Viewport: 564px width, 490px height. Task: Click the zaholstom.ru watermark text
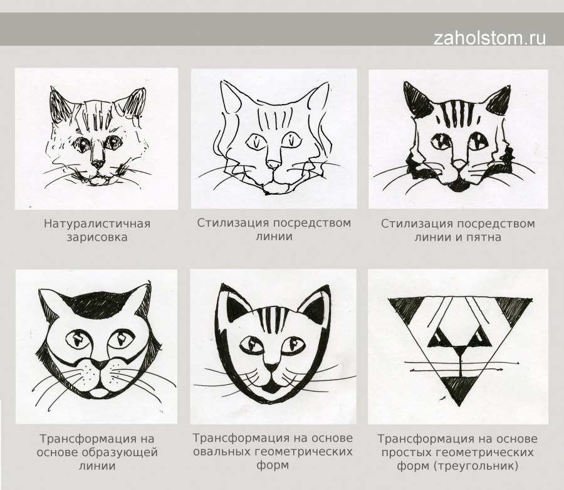pyautogui.click(x=489, y=38)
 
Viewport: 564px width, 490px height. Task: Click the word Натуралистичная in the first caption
pyautogui.click(x=97, y=224)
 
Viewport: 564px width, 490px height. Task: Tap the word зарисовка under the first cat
pyautogui.click(x=97, y=237)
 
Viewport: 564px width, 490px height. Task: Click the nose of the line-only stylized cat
pyautogui.click(x=274, y=165)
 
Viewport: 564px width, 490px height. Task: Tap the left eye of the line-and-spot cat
pyautogui.click(x=441, y=141)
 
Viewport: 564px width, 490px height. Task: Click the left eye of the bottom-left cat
pyautogui.click(x=79, y=338)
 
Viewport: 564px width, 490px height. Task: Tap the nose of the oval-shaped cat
pyautogui.click(x=271, y=368)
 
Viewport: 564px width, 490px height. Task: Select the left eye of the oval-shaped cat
pyautogui.click(x=252, y=345)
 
